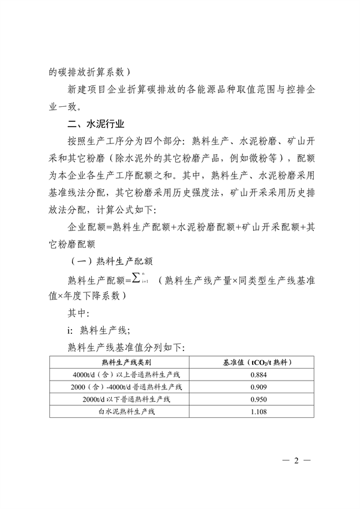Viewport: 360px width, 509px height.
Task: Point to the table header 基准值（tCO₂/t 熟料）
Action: pos(257,363)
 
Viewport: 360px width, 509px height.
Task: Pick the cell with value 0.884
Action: pos(257,375)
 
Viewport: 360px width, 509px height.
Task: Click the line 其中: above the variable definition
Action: pos(79,313)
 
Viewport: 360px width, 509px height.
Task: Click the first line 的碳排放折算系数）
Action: pos(88,71)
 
